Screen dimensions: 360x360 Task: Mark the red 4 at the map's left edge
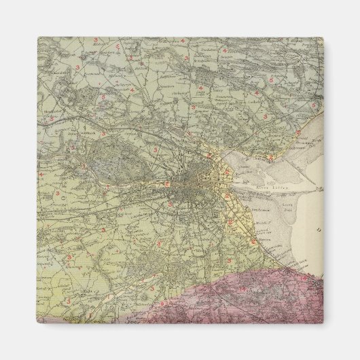coord(41,174)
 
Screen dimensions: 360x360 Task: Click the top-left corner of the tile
coord(37,37)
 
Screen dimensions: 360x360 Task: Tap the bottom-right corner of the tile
coord(323,323)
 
